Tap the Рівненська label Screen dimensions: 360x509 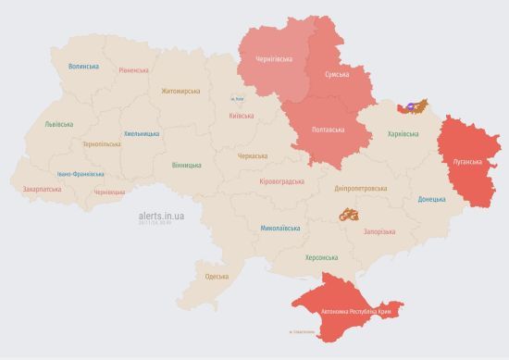click(135, 70)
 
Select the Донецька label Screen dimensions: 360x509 click(431, 199)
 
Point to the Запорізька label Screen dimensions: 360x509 click(380, 231)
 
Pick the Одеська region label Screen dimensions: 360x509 click(217, 277)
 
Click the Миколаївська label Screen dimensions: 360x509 click(279, 227)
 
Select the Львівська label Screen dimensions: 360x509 click(60, 123)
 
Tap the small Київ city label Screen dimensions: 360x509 click(237, 99)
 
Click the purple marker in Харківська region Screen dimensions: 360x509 click(403, 106)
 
